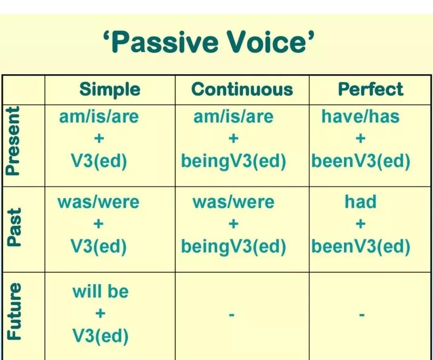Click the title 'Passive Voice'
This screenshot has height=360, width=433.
tap(209, 42)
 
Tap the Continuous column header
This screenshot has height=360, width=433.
tap(242, 89)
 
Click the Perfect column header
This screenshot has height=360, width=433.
tap(370, 89)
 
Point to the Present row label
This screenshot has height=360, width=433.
tap(13, 141)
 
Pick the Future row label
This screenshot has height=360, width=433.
tap(13, 311)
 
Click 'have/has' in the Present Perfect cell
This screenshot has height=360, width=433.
tap(360, 116)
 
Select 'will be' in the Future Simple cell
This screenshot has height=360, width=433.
tap(101, 291)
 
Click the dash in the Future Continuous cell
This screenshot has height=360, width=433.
tap(232, 314)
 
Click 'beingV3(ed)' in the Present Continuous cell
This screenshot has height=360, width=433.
tap(233, 162)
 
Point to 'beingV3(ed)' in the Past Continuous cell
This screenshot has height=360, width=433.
tap(233, 247)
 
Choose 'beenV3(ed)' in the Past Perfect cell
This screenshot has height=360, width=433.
tap(361, 246)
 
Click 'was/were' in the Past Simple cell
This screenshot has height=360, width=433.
tap(99, 202)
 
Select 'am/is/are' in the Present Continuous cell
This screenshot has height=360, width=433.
tap(233, 117)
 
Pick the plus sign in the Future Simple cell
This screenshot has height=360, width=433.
tap(101, 313)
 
